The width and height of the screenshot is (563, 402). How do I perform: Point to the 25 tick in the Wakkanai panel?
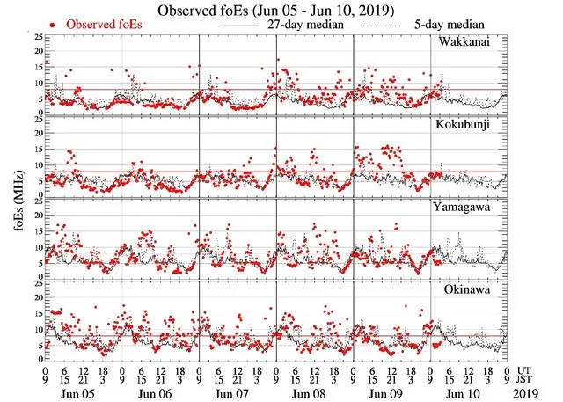click(x=37, y=39)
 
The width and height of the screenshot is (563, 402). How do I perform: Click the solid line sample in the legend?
click(x=242, y=26)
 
